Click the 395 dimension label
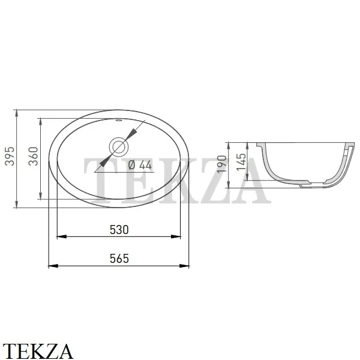click(10, 156)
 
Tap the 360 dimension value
click(33, 156)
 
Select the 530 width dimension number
click(119, 230)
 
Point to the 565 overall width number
click(119, 259)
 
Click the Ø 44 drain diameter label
click(140, 165)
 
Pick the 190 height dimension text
click(222, 164)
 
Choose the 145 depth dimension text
click(241, 162)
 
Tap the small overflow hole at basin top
click(119, 120)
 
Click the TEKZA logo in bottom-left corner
click(38, 351)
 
